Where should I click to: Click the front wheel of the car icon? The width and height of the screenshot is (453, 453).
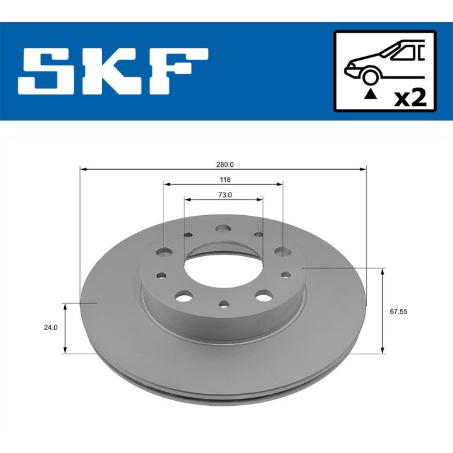[371, 75]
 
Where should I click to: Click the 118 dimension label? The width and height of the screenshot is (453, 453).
[224, 179]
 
